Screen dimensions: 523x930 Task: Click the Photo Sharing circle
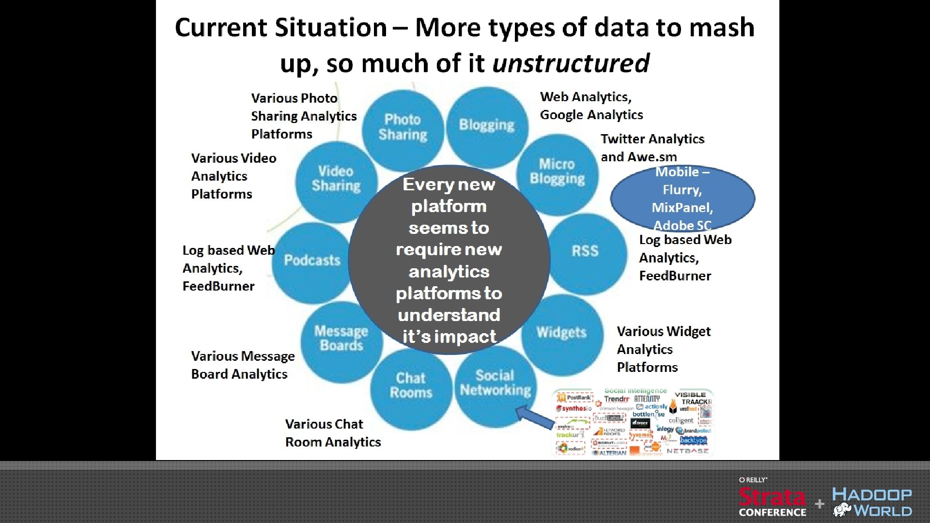click(403, 127)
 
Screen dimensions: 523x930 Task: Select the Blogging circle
click(487, 125)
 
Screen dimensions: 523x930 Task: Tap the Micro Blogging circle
click(557, 172)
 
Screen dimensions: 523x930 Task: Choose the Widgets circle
click(562, 333)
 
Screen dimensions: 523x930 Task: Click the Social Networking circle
click(495, 383)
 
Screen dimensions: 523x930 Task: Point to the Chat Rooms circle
click(411, 385)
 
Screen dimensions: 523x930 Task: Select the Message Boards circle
click(341, 338)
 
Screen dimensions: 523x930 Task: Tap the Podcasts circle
click(312, 261)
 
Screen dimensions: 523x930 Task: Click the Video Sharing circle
click(336, 179)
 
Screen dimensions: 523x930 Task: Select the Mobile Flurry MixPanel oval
click(682, 199)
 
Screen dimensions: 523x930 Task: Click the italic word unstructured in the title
click(571, 63)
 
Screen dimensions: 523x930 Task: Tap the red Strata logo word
click(772, 497)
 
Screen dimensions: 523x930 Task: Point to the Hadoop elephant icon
click(842, 509)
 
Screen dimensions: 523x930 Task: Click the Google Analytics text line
click(591, 115)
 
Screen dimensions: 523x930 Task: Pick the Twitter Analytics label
click(652, 139)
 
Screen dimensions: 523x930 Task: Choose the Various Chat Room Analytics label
click(333, 433)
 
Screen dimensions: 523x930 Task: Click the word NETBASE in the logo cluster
click(687, 451)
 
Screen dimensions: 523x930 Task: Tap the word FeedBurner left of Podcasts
click(218, 286)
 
